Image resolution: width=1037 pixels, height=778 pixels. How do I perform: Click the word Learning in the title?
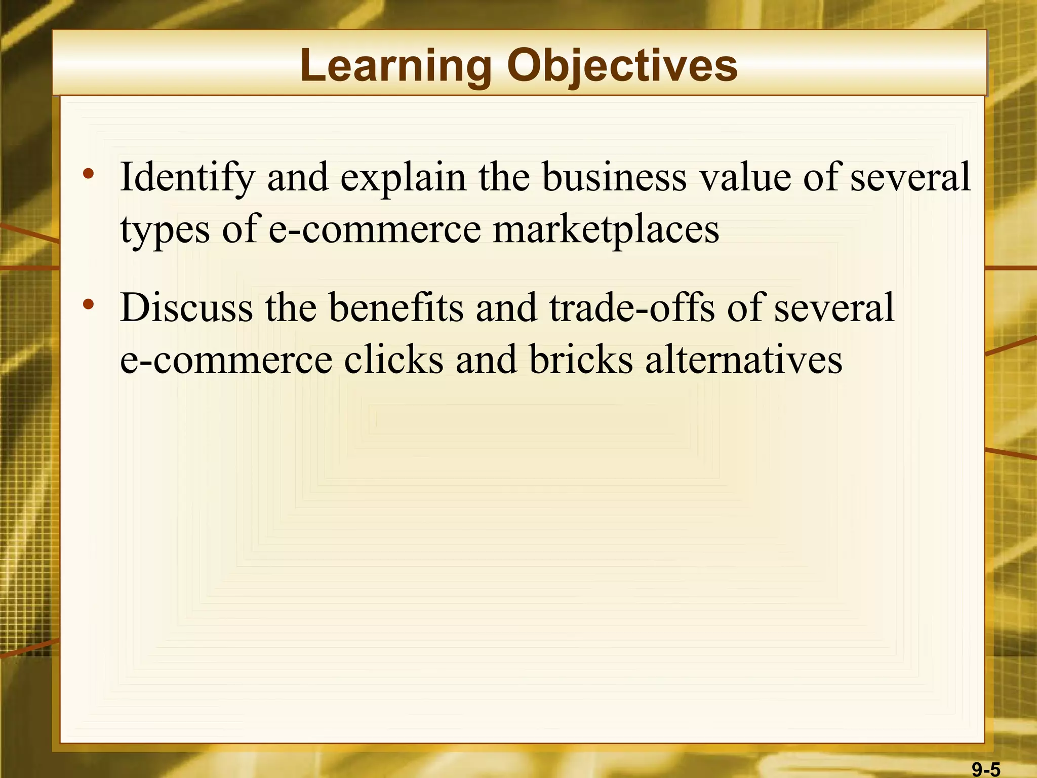tap(395, 66)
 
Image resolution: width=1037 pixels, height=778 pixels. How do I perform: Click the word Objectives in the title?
tap(622, 66)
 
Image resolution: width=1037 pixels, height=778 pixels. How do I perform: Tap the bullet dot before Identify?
tap(89, 174)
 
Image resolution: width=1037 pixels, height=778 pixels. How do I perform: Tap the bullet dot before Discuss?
tap(89, 304)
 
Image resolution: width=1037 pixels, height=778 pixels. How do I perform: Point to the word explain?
tap(403, 177)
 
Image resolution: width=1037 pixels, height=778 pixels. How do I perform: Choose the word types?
tap(165, 229)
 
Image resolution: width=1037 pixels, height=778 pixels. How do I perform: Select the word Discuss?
tap(186, 307)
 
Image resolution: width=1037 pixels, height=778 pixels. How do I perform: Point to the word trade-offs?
tap(632, 307)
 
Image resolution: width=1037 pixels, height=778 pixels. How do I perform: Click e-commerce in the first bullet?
tap(374, 229)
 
